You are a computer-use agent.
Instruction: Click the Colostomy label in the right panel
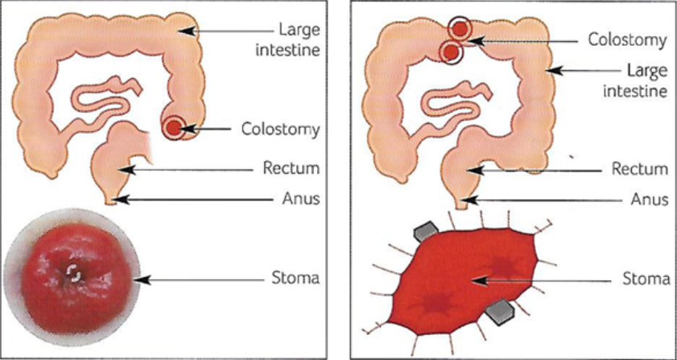[627, 39]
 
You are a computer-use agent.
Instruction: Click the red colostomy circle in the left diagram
[174, 127]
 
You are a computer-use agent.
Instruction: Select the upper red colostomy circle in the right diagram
[460, 28]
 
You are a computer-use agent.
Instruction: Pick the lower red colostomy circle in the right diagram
[449, 52]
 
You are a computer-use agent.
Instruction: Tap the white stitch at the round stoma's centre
[74, 275]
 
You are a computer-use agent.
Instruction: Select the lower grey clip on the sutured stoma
[502, 309]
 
